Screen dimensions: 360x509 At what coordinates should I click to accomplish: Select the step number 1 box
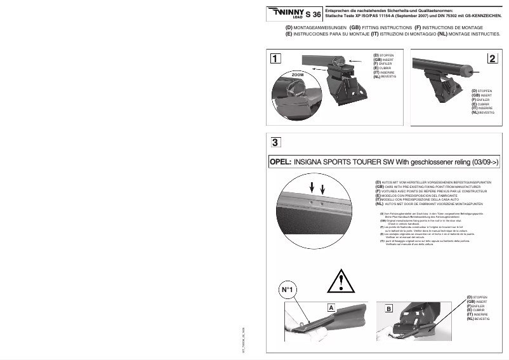(x=275, y=59)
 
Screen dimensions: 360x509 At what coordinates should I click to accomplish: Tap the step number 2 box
(x=492, y=59)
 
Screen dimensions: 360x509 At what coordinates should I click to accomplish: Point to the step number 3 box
(x=274, y=142)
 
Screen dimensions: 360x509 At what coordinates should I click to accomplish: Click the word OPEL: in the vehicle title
(x=281, y=162)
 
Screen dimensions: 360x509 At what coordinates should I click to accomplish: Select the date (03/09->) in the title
(x=484, y=162)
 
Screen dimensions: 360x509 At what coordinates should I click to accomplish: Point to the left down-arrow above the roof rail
(x=312, y=188)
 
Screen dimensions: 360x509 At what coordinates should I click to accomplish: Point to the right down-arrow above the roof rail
(x=322, y=189)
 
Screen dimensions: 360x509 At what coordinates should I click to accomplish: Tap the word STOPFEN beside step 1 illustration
(x=387, y=55)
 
